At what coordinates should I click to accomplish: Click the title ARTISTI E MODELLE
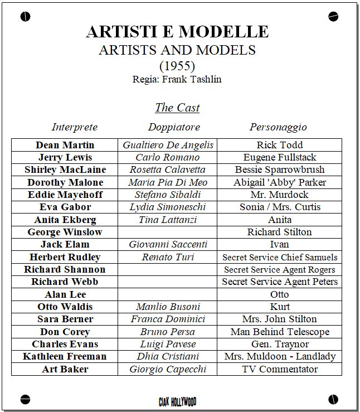177,32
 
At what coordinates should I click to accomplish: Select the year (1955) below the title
177,66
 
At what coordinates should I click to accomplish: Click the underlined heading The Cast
177,108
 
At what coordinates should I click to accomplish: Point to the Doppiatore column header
174,127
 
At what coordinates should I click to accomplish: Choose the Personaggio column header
278,127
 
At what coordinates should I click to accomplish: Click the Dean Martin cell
65,145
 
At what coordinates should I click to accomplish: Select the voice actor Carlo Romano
167,157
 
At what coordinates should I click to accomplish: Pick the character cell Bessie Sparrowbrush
279,169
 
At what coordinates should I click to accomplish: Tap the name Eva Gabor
65,207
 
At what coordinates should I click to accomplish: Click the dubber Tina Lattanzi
167,220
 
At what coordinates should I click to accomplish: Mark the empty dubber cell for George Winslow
167,232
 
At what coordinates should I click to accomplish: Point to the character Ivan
279,244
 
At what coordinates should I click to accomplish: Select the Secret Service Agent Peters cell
279,282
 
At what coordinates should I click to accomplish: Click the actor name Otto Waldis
65,307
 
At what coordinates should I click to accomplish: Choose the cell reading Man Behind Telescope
279,332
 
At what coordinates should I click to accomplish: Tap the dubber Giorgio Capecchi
167,369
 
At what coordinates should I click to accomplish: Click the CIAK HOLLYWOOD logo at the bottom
177,401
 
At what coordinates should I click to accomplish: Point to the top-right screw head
333,16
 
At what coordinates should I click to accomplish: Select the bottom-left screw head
25,399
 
